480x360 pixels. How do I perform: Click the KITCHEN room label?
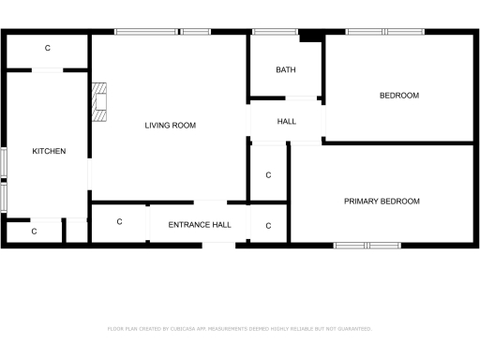(49, 151)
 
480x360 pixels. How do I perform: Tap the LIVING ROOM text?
(170, 125)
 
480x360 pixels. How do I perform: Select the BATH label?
(286, 70)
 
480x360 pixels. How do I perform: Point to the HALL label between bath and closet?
(286, 122)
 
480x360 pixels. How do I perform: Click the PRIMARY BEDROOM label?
(382, 201)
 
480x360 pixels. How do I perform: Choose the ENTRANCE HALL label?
(200, 225)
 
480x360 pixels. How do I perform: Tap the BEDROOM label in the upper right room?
(398, 96)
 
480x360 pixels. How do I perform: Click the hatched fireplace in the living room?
(100, 102)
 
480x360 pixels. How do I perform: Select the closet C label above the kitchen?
(48, 48)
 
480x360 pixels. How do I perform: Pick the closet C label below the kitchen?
(34, 231)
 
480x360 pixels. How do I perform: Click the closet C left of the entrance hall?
(120, 222)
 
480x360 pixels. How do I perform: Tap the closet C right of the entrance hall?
(268, 226)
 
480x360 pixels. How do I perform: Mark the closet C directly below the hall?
(268, 175)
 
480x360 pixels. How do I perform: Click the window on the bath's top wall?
(275, 32)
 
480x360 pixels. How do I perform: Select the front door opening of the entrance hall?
(219, 245)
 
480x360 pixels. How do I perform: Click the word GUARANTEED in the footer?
(352, 329)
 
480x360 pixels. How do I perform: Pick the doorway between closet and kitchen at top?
(48, 69)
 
